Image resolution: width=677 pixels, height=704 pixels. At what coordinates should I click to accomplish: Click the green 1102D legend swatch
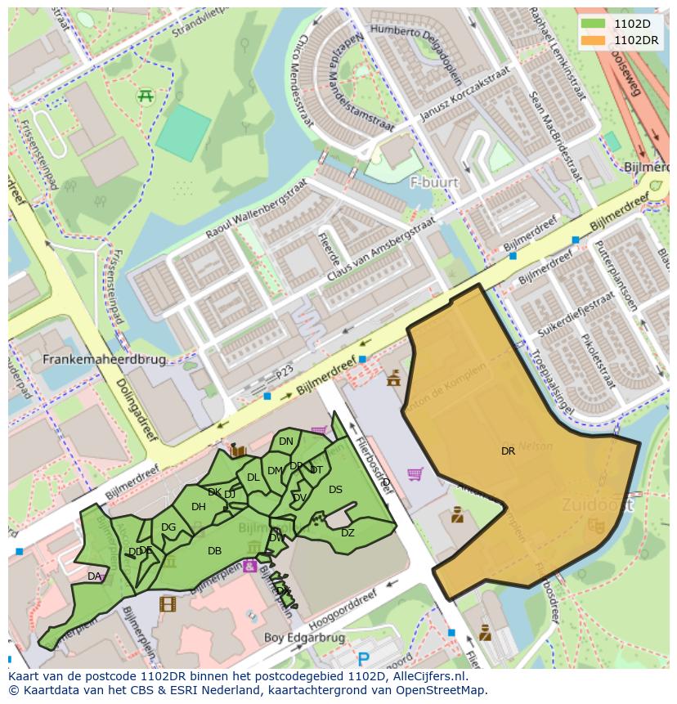594,24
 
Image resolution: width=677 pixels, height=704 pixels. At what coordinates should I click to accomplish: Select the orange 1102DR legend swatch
594,39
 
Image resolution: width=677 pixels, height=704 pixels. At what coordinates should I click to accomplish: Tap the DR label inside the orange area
508,451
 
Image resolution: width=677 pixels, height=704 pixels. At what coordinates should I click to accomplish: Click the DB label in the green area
214,551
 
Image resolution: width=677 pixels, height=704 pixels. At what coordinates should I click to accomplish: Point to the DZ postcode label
347,533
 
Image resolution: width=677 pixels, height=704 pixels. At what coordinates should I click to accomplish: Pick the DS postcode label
335,490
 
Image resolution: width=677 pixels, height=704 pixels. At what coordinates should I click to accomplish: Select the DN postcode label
285,442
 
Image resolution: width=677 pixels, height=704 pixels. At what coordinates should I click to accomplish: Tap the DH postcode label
198,507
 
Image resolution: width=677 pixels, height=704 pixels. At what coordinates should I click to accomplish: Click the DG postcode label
168,527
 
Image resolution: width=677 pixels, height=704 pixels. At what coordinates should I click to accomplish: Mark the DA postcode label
94,576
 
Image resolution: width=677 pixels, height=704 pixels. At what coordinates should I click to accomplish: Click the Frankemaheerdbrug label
104,359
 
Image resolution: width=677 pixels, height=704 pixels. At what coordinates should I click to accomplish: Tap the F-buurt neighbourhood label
434,182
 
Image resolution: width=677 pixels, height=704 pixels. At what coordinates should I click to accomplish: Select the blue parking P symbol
364,658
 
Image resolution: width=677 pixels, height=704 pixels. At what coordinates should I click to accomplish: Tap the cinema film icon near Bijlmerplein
168,604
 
